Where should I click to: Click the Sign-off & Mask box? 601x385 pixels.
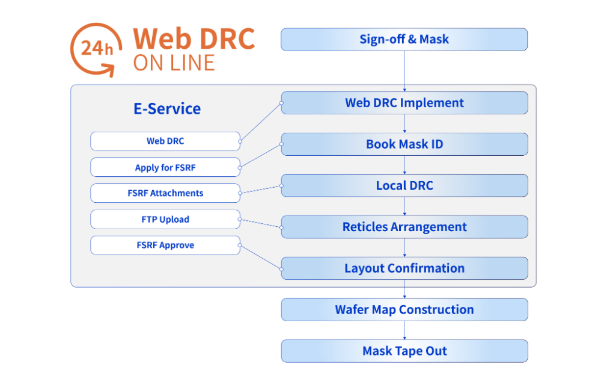404,40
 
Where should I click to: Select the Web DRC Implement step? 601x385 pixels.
404,103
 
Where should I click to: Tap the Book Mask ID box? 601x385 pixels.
404,144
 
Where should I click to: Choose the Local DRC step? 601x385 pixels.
404,186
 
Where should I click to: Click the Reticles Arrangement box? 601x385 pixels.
404,227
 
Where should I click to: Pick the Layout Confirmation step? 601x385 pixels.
404,268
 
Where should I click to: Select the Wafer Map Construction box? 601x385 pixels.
404,310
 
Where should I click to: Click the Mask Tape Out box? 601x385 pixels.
404,351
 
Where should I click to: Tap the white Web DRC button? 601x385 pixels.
165,141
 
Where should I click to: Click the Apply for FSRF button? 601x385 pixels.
165,168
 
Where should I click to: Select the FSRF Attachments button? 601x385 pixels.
165,194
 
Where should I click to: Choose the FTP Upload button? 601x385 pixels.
165,220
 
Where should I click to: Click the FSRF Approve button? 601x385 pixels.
165,245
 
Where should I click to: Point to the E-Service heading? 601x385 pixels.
167,109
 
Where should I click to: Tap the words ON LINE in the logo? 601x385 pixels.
174,63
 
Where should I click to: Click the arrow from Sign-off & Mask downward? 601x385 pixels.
404,71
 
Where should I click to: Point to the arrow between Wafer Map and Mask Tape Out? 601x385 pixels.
404,330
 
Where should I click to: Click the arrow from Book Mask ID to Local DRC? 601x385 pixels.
404,165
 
